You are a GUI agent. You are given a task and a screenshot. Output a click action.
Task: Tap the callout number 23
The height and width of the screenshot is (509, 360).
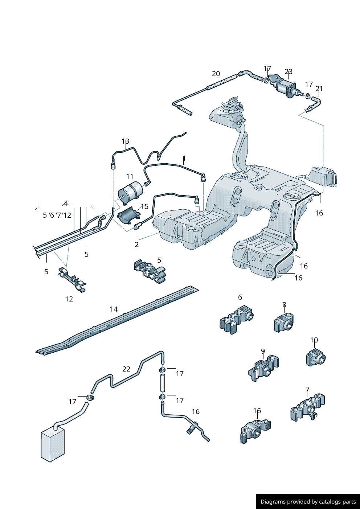click(x=289, y=72)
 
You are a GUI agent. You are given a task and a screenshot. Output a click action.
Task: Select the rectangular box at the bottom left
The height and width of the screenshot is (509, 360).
click(x=53, y=444)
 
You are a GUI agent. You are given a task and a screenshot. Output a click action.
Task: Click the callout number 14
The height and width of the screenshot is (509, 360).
click(x=114, y=309)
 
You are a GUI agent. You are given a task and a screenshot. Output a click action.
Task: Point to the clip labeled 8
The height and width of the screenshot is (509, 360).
click(x=284, y=323)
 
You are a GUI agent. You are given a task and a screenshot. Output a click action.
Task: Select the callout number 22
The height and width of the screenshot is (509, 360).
click(x=126, y=369)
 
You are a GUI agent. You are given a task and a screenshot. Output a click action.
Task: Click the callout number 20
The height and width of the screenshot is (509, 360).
click(x=216, y=74)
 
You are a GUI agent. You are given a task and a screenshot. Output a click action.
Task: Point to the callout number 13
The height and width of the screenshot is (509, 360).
click(x=125, y=141)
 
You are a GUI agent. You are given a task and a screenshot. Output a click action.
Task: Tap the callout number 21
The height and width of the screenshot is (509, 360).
click(x=319, y=89)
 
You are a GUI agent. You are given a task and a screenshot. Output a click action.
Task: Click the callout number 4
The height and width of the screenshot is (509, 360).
click(x=66, y=203)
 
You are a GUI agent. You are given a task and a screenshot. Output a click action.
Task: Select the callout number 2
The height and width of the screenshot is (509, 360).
click(x=136, y=245)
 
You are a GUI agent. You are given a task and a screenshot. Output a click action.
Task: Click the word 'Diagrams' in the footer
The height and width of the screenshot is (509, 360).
click(x=273, y=502)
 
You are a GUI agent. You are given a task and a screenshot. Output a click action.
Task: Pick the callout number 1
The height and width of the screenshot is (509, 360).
click(x=184, y=159)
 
